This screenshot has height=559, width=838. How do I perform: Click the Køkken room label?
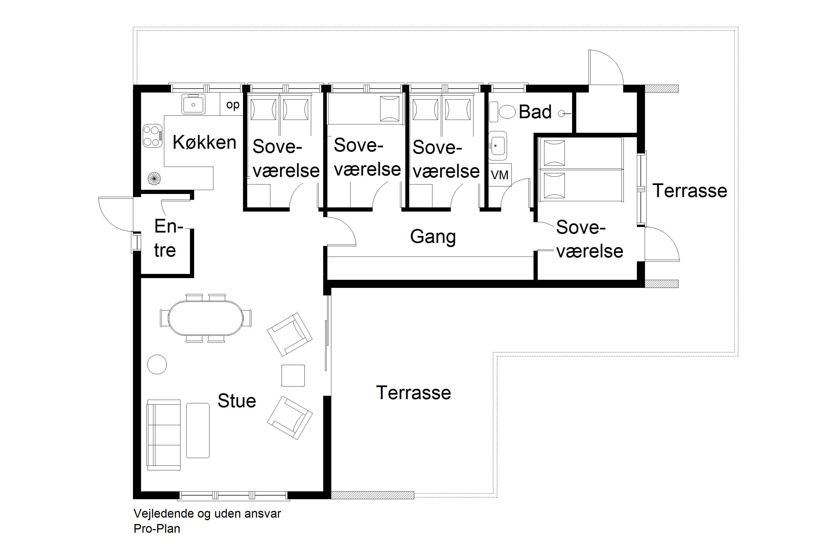[204, 142]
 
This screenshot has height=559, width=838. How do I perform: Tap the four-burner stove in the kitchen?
[153, 136]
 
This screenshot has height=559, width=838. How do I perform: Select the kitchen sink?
[194, 104]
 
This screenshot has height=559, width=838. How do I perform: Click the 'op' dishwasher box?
[233, 105]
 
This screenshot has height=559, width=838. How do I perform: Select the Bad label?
[535, 112]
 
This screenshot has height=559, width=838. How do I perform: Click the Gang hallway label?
[433, 237]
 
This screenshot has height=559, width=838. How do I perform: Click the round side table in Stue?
[157, 364]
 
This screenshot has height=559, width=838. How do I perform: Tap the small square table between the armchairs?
[293, 375]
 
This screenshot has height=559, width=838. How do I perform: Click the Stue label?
[237, 401]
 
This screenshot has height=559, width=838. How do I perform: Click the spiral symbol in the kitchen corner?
[154, 178]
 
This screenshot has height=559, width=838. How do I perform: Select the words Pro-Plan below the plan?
[157, 528]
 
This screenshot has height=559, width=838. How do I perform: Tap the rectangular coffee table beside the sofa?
[198, 430]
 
